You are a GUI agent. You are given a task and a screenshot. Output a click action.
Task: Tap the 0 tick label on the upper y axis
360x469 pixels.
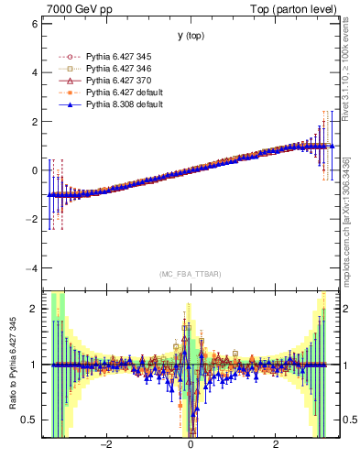point(34,170)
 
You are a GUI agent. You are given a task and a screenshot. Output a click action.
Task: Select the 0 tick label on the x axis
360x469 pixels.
point(191,446)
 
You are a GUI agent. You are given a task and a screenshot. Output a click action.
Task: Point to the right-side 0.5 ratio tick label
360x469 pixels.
point(345,420)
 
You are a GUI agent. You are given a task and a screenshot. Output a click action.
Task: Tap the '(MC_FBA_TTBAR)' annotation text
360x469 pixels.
point(191,275)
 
